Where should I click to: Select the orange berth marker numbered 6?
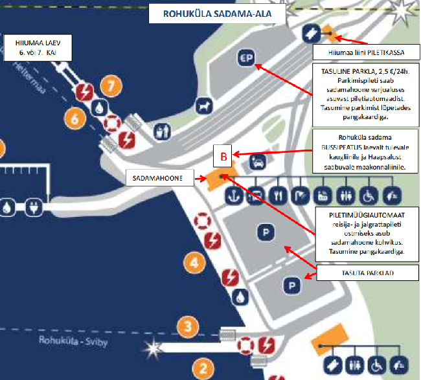(75, 118)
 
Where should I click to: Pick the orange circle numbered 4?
(192, 263)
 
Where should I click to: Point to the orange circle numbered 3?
(187, 326)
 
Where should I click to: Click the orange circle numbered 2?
(203, 369)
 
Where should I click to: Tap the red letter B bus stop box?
(222, 157)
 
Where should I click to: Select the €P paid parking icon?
(246, 57)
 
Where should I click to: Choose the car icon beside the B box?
(257, 161)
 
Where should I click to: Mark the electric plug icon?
(33, 208)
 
